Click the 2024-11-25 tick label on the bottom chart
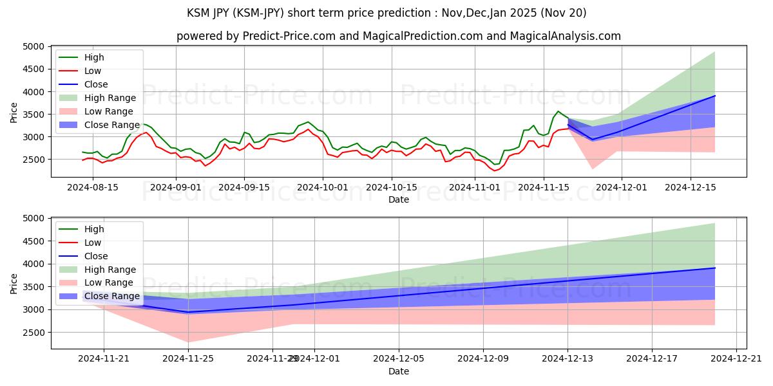coord(188,359)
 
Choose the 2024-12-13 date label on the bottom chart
coord(568,359)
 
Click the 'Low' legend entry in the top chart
coord(93,71)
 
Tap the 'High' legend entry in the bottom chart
coord(95,229)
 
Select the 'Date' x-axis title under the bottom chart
coord(399,371)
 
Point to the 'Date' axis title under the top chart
coord(399,199)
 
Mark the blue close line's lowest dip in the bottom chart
coord(188,312)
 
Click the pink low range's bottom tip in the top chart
coord(593,169)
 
